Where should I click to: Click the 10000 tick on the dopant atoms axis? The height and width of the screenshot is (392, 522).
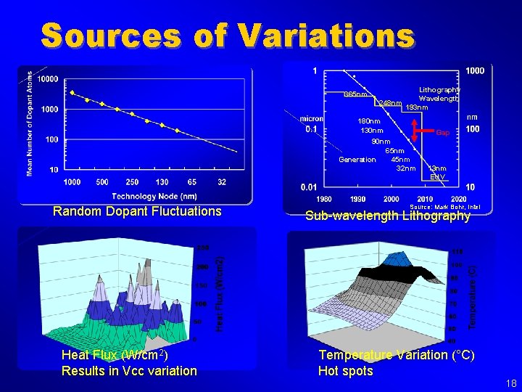click(x=49, y=79)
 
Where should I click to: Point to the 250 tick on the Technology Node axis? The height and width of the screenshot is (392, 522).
click(x=131, y=181)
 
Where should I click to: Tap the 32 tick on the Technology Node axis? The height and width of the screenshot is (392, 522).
click(x=221, y=181)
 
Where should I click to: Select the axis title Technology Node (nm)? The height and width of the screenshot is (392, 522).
click(x=154, y=195)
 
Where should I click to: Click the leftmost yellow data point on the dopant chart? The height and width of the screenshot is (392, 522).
click(x=72, y=92)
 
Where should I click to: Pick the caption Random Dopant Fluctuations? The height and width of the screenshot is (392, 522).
click(x=137, y=211)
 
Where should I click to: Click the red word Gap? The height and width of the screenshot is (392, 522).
click(x=442, y=133)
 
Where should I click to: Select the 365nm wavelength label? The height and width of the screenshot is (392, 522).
click(x=357, y=95)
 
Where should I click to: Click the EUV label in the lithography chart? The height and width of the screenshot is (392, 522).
click(x=437, y=176)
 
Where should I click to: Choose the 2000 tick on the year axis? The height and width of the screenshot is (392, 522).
click(x=391, y=199)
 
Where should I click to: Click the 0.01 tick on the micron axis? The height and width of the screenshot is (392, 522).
click(x=308, y=187)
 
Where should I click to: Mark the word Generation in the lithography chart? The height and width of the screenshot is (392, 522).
click(x=357, y=160)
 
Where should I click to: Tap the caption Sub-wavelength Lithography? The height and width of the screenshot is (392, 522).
click(x=388, y=216)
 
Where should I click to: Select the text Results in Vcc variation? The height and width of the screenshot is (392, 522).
click(x=129, y=371)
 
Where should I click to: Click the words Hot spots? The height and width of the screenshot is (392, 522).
click(x=346, y=371)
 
